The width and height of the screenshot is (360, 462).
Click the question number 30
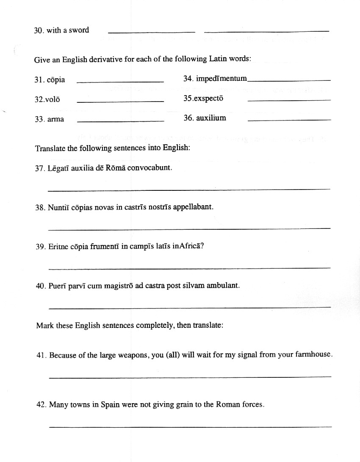pyautogui.click(x=39, y=30)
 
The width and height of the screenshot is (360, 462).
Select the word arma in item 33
pyautogui.click(x=56, y=119)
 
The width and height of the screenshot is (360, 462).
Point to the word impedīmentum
pyautogui.click(x=222, y=79)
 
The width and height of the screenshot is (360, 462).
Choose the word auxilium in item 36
pyautogui.click(x=211, y=118)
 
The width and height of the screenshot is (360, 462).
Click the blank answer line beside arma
pyautogui.click(x=121, y=121)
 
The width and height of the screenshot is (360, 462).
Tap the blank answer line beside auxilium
pyautogui.click(x=289, y=121)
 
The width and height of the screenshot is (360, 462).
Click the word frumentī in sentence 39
pyautogui.click(x=105, y=247)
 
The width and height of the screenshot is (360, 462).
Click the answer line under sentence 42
pyautogui.click(x=191, y=426)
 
